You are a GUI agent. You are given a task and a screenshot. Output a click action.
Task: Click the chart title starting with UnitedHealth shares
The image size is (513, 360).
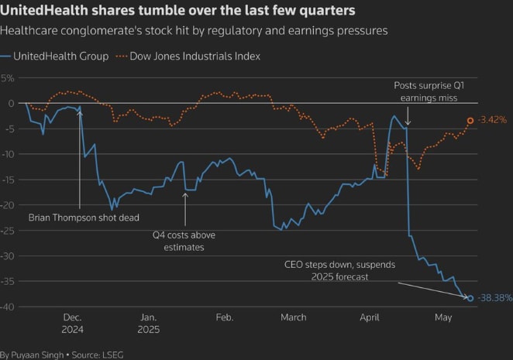click(177, 11)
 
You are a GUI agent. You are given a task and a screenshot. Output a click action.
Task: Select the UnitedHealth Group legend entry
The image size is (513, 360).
click(54, 57)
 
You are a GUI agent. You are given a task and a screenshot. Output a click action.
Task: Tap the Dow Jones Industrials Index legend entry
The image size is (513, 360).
click(188, 57)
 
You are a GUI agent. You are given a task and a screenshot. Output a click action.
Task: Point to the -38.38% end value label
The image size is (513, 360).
click(495, 298)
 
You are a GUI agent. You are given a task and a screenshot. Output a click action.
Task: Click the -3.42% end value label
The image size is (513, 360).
click(492, 120)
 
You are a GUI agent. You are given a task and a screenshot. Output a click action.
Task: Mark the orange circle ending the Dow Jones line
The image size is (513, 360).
click(470, 121)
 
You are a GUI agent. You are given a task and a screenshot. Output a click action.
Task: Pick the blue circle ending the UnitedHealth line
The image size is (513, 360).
click(470, 298)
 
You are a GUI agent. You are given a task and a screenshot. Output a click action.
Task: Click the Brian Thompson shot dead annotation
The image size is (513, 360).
click(84, 218)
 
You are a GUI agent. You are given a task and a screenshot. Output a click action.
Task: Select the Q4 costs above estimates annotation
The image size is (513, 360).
click(184, 241)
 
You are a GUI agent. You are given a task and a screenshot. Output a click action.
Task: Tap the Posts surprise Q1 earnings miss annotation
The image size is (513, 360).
click(429, 92)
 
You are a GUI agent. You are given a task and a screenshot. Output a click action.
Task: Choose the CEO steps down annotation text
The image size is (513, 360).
click(339, 271)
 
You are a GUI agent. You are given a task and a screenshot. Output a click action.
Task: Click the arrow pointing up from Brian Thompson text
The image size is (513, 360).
click(80, 159)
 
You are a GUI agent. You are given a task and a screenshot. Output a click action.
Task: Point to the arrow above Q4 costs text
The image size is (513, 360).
click(185, 209)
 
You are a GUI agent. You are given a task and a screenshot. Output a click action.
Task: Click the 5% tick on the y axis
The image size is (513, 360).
click(7, 78)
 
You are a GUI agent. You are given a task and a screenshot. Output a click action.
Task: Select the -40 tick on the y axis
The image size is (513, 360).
click(7, 307)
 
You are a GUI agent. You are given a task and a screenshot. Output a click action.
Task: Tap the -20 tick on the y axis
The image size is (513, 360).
click(7, 205)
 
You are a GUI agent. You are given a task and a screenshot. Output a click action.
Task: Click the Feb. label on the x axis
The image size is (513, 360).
click(225, 317)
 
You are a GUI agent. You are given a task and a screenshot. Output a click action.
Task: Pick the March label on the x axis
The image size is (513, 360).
click(294, 317)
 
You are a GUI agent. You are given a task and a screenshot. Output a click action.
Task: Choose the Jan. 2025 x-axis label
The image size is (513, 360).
click(149, 324)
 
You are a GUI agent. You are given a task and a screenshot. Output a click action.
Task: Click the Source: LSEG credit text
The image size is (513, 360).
click(98, 355)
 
